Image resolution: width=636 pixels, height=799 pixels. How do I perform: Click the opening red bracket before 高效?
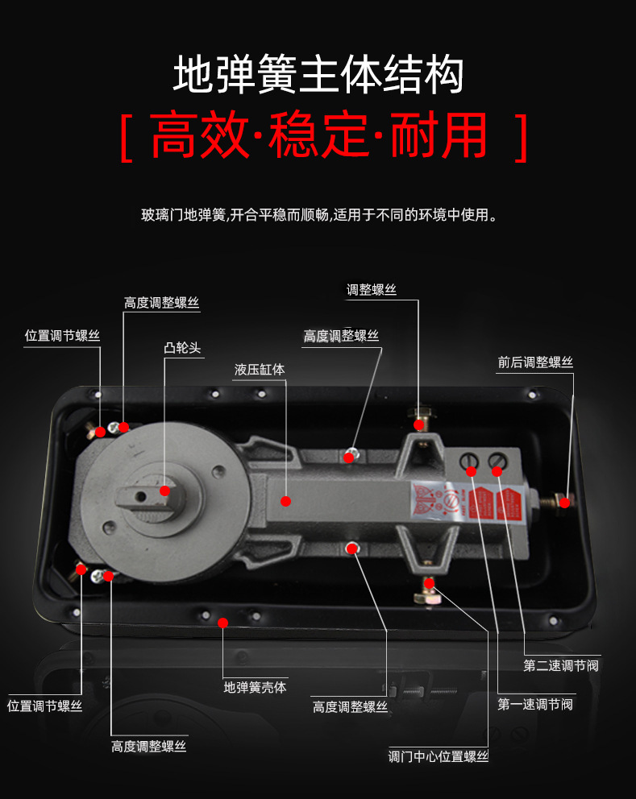pos(127,138)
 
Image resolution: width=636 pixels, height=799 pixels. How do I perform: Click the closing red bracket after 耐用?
pos(520,138)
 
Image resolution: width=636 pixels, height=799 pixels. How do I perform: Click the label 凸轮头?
pos(181,348)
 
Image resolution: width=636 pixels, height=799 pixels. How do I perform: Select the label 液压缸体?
pos(260,370)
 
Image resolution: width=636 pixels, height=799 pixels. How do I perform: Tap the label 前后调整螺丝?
pos(535,362)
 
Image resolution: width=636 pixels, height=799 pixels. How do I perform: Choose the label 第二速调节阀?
pos(561,665)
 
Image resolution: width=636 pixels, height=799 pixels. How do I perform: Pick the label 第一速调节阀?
pos(535,704)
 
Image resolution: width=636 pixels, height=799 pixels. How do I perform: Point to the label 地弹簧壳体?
pos(255,687)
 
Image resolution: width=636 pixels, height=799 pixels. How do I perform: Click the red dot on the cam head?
pos(165,491)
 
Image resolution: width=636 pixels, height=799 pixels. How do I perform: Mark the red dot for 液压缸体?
pos(285,501)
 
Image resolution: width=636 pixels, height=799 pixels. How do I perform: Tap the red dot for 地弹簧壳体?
pos(223,623)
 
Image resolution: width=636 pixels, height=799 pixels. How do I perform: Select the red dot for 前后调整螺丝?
pos(564,503)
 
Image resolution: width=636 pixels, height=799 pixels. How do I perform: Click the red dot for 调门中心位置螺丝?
pos(429,582)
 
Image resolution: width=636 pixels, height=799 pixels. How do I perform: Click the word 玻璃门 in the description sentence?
pos(159,216)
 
